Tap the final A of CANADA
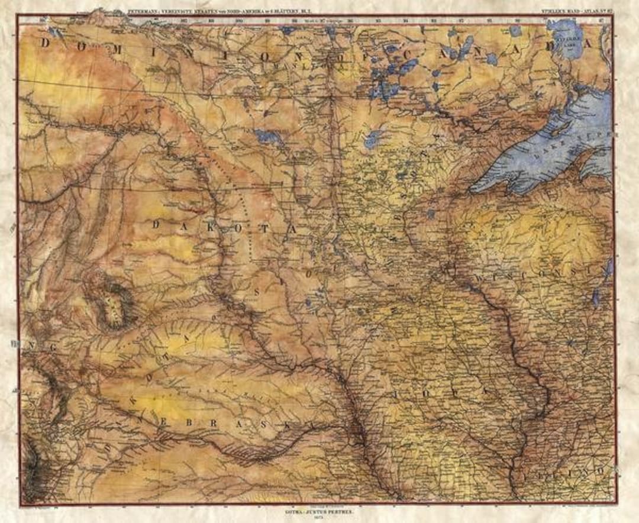click(587, 43)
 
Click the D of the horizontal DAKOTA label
click(156, 224)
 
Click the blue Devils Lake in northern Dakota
click(270, 138)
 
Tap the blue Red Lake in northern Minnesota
click(373, 140)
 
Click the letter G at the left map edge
click(53, 348)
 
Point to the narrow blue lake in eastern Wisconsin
click(596, 296)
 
